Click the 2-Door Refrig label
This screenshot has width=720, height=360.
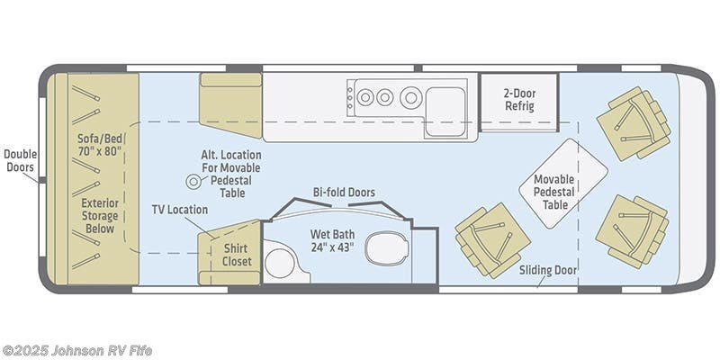[x=519, y=100]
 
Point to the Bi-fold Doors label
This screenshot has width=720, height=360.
[x=344, y=192]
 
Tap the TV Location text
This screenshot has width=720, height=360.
[x=179, y=210]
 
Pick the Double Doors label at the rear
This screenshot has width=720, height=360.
[x=20, y=160]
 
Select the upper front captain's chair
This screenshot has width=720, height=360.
[x=634, y=123]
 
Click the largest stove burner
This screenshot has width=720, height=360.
[x=411, y=96]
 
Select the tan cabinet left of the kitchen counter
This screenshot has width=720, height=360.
[x=230, y=105]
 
